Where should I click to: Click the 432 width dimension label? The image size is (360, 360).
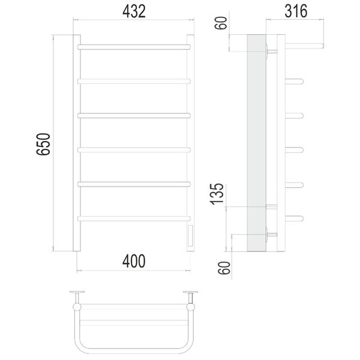[x=134, y=11]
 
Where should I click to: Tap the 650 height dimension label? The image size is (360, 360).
[x=43, y=144]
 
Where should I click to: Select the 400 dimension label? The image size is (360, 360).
[x=134, y=261]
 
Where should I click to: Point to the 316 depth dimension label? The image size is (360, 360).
[x=296, y=11]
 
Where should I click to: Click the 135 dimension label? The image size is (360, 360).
[x=217, y=194]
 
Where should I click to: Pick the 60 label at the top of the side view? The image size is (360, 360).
[x=221, y=23]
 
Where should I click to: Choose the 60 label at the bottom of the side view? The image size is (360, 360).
[x=224, y=268]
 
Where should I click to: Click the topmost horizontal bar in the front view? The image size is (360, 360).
[x=134, y=47]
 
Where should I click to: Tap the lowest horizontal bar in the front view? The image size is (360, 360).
[x=134, y=218]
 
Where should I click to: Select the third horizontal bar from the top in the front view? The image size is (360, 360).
[x=134, y=115]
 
